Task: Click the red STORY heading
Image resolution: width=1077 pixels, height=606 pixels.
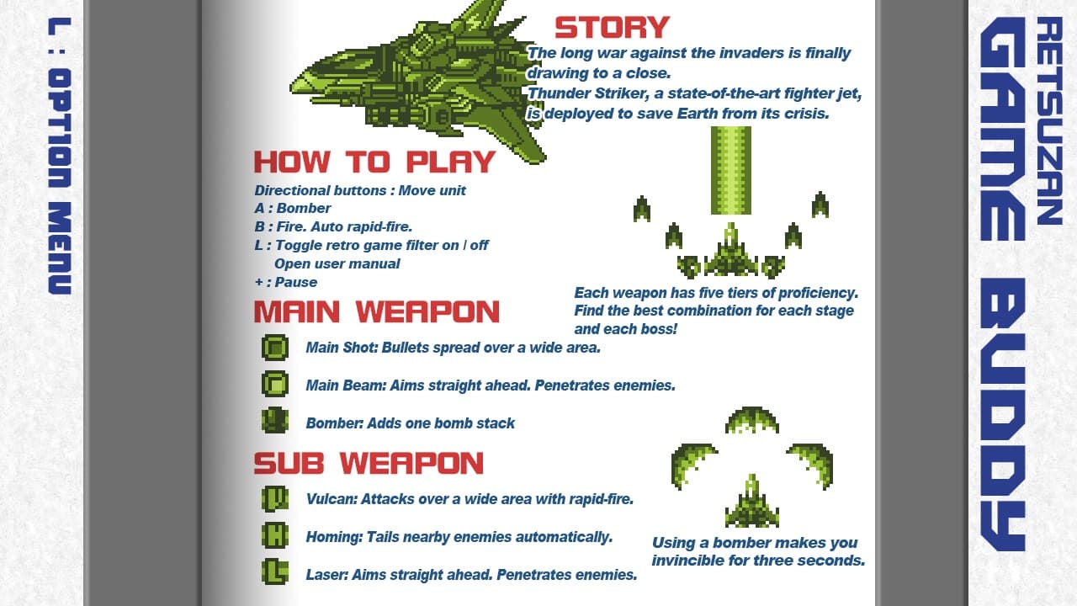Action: (612, 28)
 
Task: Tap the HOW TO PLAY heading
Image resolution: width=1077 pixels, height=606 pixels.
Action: (374, 162)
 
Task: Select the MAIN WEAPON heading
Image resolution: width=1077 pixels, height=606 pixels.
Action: (376, 311)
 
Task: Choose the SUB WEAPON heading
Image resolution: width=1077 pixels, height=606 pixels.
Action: (369, 463)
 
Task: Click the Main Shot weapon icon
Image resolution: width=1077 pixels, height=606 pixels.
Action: (275, 347)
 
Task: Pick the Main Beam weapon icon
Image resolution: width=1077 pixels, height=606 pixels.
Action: (275, 384)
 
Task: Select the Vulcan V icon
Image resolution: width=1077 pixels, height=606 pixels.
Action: (275, 498)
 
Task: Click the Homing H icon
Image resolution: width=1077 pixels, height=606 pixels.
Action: (275, 535)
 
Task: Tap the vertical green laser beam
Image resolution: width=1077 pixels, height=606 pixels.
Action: (730, 170)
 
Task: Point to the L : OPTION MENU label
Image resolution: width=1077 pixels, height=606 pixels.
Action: (59, 156)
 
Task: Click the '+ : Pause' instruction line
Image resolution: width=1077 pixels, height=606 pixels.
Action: (286, 282)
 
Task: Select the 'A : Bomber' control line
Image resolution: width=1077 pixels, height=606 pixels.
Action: (293, 208)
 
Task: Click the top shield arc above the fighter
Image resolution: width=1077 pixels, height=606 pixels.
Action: (751, 417)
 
